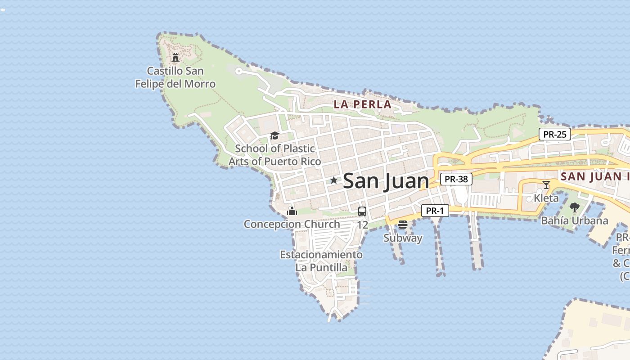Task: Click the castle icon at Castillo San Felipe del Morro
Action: pos(175,57)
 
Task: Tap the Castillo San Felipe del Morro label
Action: pos(175,77)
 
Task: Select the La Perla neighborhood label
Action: pos(362,104)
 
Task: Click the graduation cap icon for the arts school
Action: pos(274,135)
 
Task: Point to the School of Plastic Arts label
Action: pos(274,155)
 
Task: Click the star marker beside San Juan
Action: pos(333,180)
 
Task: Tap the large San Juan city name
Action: pos(386,181)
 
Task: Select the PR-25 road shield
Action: pos(554,134)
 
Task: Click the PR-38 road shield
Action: pos(456,179)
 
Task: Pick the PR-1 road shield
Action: pos(435,211)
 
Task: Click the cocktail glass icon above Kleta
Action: pos(546,184)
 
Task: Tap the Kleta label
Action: pos(546,198)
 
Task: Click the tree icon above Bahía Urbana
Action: pos(575,207)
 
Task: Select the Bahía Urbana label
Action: pos(575,220)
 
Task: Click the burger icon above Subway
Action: pos(403,224)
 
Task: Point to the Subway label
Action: pos(403,238)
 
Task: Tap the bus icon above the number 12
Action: pos(362,211)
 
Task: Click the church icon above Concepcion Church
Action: pos(292,211)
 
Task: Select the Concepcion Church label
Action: pos(292,224)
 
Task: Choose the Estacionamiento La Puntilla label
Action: pos(321,261)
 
